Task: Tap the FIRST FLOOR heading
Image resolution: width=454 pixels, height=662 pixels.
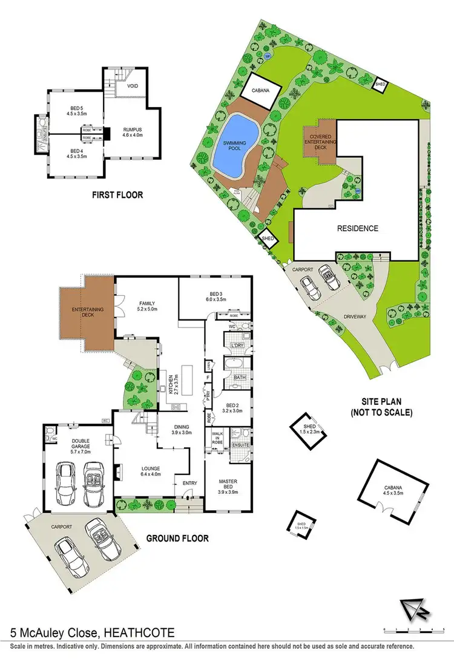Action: click(x=117, y=195)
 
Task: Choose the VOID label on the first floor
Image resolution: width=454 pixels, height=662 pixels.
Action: click(x=133, y=86)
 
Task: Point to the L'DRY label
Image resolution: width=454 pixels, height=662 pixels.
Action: click(x=237, y=346)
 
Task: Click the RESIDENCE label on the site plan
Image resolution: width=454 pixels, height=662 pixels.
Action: click(x=358, y=228)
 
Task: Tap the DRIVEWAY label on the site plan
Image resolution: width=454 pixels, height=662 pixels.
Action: click(x=355, y=316)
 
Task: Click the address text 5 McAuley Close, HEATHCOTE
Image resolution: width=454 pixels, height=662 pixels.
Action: click(x=93, y=634)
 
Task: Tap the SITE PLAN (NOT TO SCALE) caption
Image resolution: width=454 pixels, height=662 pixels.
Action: click(x=381, y=408)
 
